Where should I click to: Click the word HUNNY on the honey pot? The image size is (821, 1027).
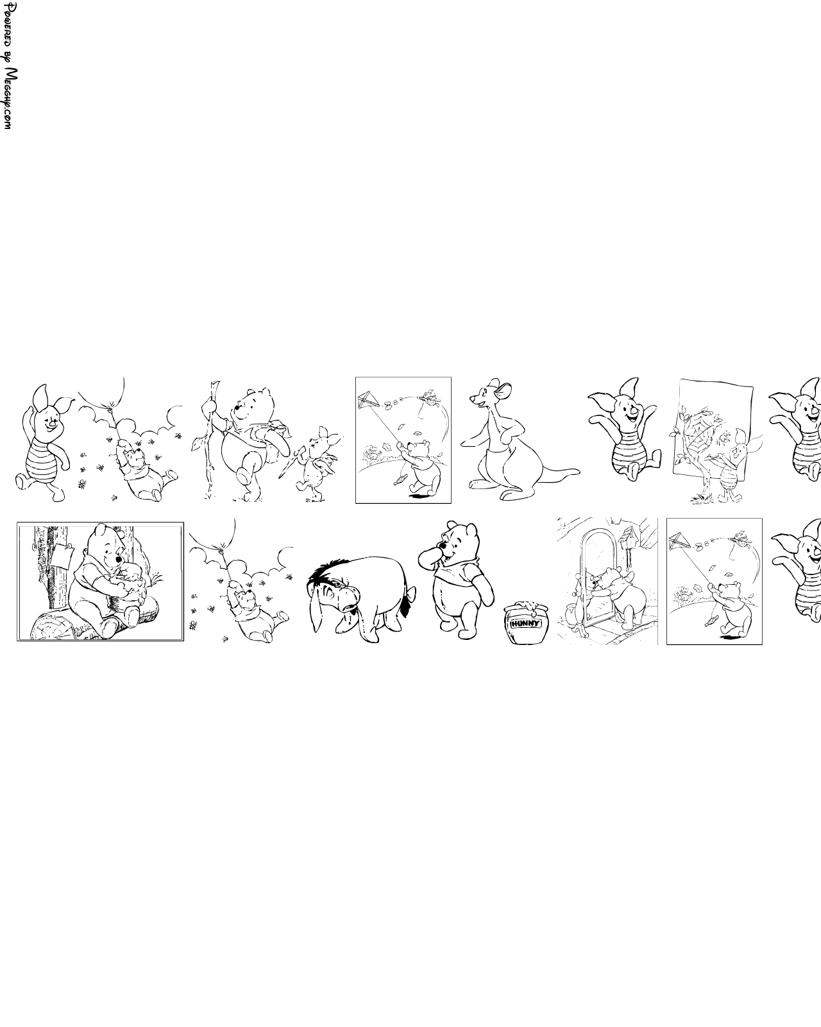(525, 623)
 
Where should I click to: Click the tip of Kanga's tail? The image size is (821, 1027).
(579, 472)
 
